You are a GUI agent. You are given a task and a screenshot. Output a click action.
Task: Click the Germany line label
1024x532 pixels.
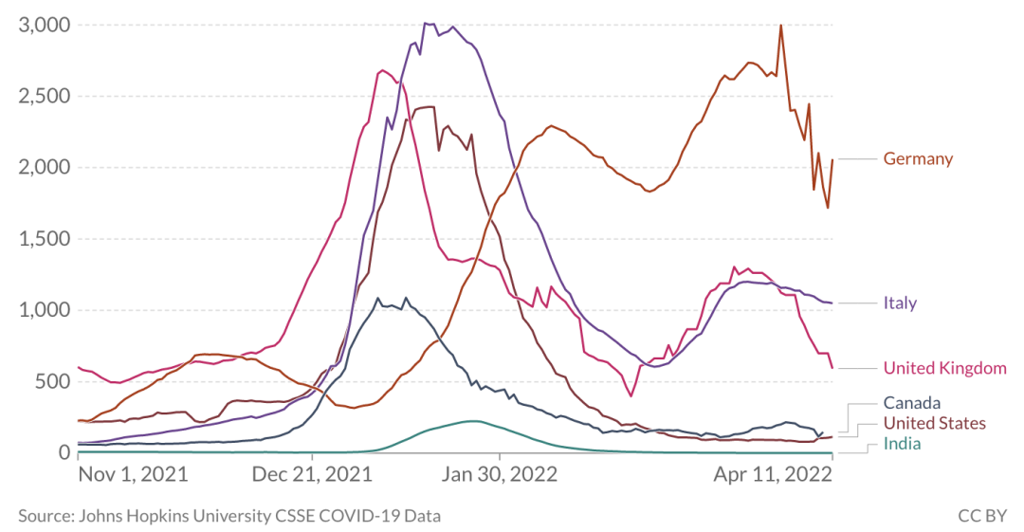click(x=918, y=158)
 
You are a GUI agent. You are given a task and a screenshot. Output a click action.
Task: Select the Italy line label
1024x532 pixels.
click(x=900, y=303)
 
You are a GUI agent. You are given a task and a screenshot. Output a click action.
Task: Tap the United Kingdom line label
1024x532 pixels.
click(x=944, y=368)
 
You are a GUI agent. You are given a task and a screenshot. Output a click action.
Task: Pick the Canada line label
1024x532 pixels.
click(x=912, y=403)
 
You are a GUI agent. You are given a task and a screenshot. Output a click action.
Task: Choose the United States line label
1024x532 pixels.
click(x=934, y=423)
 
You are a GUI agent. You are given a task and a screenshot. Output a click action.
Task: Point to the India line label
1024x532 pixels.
click(x=902, y=443)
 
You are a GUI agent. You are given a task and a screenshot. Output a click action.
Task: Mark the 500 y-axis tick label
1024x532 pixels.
click(x=52, y=381)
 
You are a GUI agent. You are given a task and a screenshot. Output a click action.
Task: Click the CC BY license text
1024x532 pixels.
click(x=981, y=516)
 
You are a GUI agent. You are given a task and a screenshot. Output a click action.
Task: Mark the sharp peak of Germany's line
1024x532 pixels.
click(x=780, y=26)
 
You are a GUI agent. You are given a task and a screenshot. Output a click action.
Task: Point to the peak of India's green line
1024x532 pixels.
click(x=471, y=420)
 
